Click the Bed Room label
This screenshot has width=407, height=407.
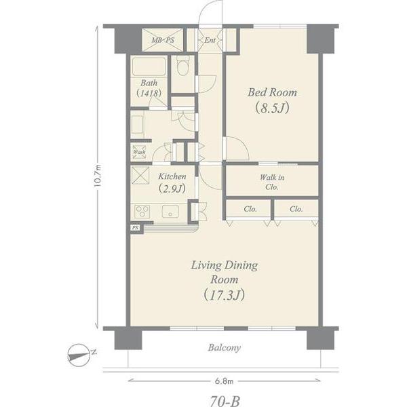272,92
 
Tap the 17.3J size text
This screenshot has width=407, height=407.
225,295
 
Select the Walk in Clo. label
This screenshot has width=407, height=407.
272,182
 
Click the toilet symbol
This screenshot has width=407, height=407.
182,65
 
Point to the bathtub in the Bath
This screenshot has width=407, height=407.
149,66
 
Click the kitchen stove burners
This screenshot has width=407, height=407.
142,211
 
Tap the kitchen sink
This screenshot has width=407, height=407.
170,211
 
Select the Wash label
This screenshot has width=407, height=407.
139,152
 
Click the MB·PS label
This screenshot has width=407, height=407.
163,40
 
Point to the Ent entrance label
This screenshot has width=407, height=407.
210,40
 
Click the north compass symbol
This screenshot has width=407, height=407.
79,355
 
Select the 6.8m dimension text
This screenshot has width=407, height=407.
225,381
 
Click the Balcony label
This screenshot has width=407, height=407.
225,347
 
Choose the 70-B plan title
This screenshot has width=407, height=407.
225,401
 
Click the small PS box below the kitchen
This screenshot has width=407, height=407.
135,228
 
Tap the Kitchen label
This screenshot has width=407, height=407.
172,176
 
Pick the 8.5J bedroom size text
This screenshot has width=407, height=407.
272,109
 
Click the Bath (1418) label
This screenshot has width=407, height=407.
149,88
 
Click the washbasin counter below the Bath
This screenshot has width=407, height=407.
137,124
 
